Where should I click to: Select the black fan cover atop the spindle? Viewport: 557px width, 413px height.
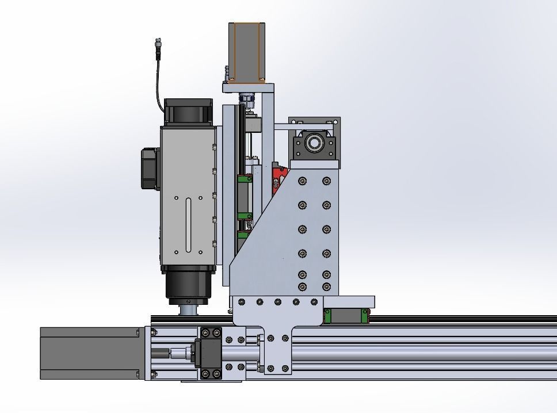point(189,112)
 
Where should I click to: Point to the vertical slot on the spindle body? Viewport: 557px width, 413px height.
point(189,224)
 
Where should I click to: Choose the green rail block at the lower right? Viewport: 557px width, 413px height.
point(345,316)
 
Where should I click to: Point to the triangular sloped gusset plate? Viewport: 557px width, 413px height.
point(259,242)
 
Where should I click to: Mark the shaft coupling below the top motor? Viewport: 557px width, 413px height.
point(246,98)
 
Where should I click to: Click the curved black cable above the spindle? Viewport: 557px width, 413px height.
point(159,81)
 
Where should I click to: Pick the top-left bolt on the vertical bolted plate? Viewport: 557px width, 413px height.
point(303,181)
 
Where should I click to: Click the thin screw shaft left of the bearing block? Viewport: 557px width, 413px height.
point(173,353)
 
